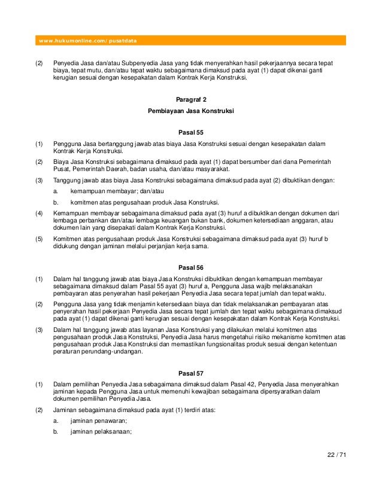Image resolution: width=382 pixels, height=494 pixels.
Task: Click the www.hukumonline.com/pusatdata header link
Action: click(88, 41)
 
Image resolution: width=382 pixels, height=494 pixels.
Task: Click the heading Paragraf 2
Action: click(190, 99)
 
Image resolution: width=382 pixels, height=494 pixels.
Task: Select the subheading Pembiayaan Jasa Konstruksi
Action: click(190, 112)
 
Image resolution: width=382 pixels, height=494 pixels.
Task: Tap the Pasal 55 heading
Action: click(190, 132)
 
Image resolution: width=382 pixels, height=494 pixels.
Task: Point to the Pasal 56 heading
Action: click(190, 267)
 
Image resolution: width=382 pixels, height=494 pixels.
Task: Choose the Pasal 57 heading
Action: click(190, 373)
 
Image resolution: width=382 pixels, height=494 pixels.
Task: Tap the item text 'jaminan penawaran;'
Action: click(99, 421)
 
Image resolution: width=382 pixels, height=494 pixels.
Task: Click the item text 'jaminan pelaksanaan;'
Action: click(101, 432)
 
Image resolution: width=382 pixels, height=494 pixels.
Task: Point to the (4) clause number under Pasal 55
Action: click(39, 213)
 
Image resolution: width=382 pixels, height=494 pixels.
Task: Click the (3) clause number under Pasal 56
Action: click(39, 330)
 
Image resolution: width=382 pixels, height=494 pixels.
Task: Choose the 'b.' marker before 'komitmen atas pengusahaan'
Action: click(55, 202)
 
